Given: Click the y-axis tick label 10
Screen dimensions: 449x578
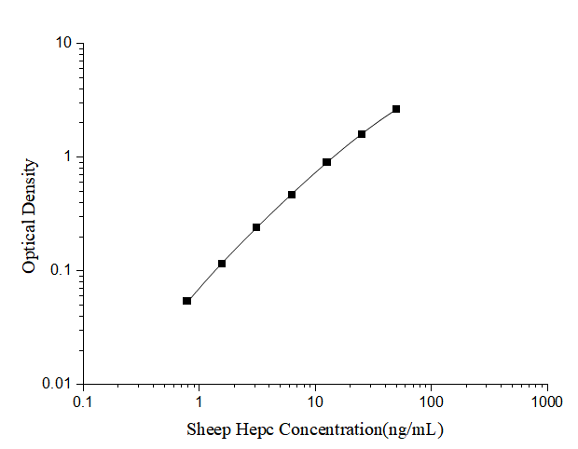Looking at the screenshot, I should point(63,43).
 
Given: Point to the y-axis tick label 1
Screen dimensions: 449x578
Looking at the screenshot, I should point(67,156).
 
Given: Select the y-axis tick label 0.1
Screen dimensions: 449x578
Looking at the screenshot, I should point(61,270).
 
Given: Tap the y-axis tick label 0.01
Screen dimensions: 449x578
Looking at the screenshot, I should point(57,384).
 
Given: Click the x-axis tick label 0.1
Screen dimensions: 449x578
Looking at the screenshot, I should point(83,401).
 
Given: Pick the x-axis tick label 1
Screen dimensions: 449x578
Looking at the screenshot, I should point(199,401).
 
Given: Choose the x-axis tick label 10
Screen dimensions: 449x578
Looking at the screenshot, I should point(315,401).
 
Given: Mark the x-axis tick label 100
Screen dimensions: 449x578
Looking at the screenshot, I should point(432,401).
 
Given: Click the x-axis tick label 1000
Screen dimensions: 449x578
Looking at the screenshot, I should point(547,401).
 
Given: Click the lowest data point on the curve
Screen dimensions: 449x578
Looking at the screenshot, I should point(187,301).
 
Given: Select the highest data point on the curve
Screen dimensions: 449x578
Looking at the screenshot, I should point(396,109).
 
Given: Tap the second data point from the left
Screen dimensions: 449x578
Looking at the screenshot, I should point(222,264).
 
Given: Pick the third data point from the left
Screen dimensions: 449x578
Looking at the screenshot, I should point(256,227).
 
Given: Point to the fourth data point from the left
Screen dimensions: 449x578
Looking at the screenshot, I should point(292,195).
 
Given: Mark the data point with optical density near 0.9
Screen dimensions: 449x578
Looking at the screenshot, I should point(327,162).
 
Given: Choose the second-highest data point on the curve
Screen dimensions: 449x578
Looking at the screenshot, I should point(362,134).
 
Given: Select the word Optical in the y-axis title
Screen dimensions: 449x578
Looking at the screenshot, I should point(30,245).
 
